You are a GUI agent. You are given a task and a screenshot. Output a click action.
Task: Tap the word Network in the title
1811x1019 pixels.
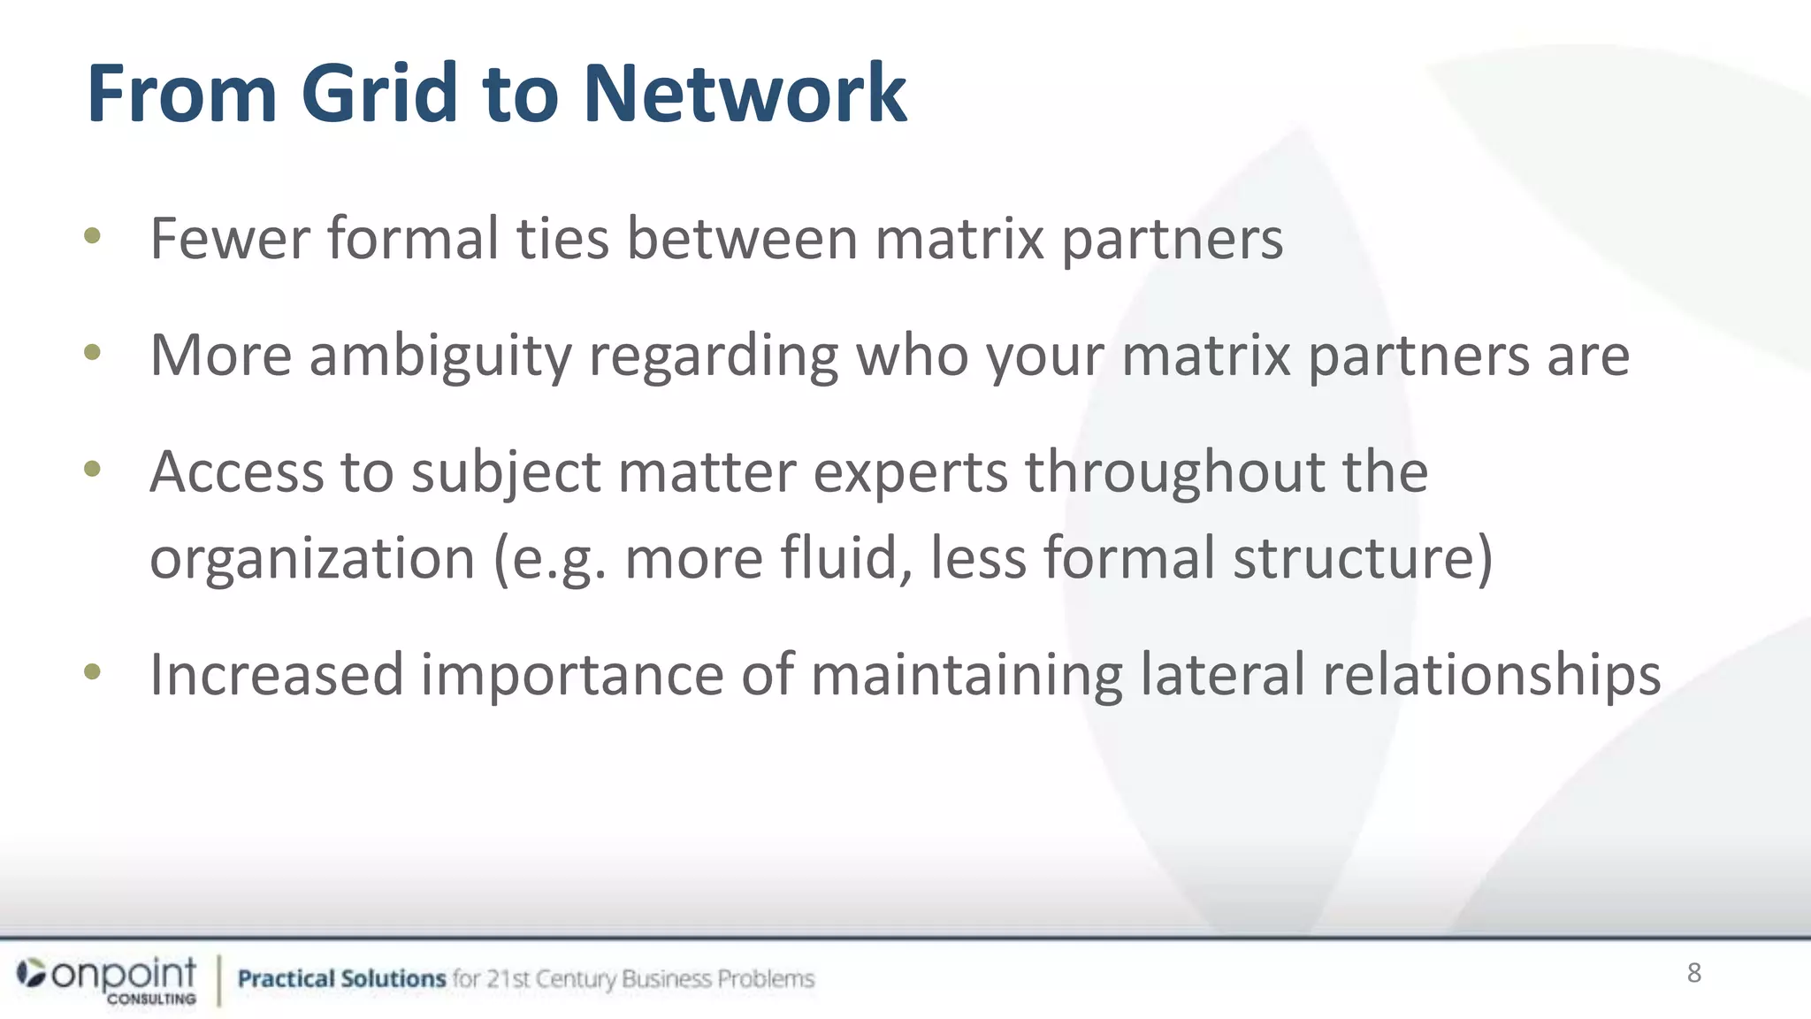coord(745,94)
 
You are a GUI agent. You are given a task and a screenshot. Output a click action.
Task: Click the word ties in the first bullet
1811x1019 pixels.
coord(562,239)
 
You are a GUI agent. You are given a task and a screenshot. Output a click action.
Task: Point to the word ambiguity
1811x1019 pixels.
coord(440,356)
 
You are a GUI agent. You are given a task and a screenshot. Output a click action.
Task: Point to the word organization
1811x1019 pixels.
coord(312,559)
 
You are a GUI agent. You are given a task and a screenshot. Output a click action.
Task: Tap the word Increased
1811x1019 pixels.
coord(277,675)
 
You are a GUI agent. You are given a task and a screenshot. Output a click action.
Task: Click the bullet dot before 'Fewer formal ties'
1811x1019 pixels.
coord(92,236)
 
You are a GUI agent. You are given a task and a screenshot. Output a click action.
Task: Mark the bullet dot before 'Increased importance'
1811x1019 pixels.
coord(92,672)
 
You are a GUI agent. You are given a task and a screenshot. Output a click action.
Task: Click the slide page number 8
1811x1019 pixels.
coord(1693,973)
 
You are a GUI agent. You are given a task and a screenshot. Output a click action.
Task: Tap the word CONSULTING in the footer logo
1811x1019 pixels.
coord(151,999)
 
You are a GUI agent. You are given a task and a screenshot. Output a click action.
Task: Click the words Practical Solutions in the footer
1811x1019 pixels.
coord(341,979)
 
